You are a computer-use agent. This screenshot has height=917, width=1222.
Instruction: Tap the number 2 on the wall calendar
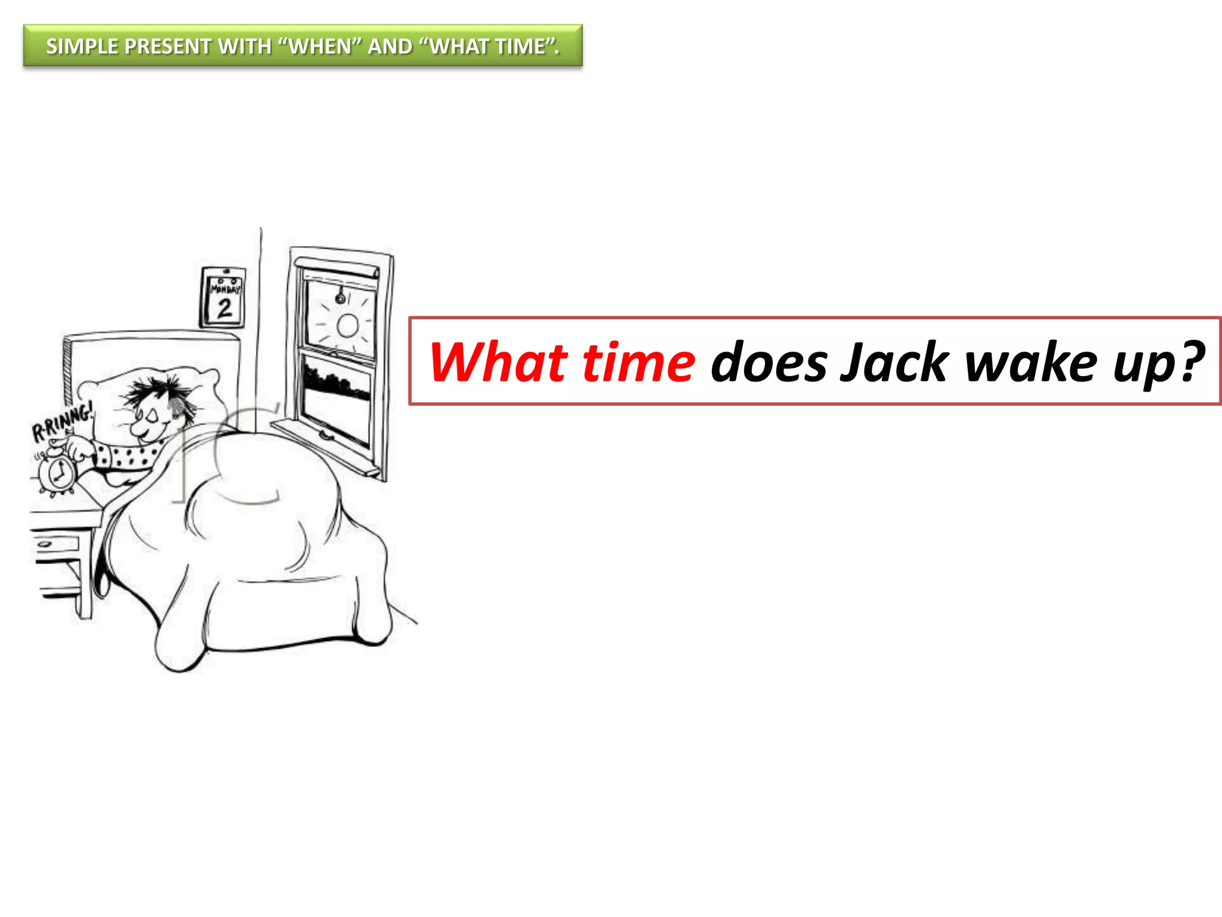click(x=224, y=308)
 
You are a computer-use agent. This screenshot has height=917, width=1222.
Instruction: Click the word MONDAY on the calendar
click(x=225, y=289)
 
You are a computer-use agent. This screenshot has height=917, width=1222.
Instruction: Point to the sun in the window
click(x=347, y=326)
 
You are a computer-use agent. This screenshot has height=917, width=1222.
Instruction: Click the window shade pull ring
click(x=340, y=297)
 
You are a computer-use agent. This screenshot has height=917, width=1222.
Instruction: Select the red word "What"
click(x=498, y=362)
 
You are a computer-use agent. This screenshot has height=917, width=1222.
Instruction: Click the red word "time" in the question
click(x=638, y=362)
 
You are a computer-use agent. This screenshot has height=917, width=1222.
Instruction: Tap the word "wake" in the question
click(x=1030, y=362)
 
